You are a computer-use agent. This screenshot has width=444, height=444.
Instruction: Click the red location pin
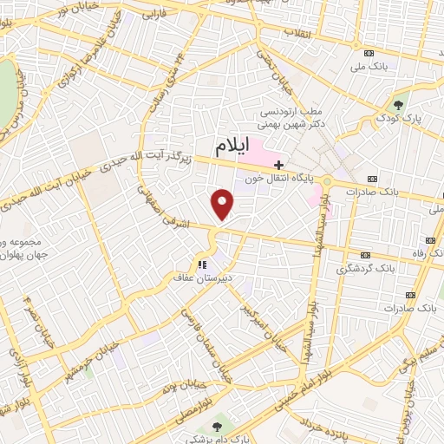(223, 205)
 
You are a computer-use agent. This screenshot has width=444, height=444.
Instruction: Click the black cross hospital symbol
(278, 164)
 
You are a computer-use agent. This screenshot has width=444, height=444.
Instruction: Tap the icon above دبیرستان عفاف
(200, 264)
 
